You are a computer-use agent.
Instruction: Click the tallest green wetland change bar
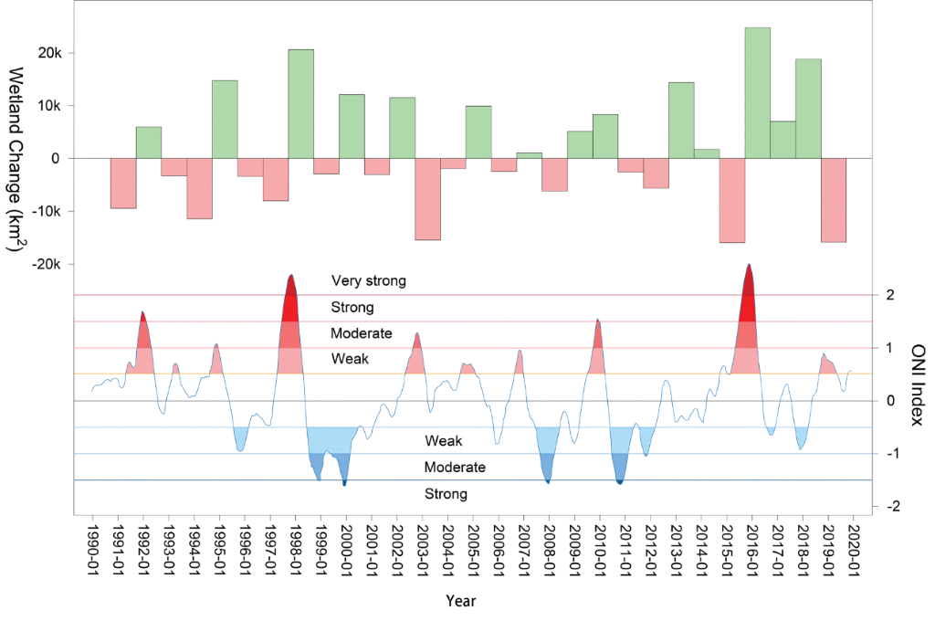click(757, 92)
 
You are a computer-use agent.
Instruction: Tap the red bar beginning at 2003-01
click(427, 199)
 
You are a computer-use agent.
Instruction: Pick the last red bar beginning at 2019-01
click(833, 200)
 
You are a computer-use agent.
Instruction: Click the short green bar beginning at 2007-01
click(529, 155)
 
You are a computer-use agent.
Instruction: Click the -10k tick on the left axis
click(45, 211)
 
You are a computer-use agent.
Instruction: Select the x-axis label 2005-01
click(472, 551)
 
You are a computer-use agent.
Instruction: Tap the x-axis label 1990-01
click(92, 551)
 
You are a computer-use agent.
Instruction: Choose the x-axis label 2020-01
click(853, 551)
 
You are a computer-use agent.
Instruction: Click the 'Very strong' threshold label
click(368, 281)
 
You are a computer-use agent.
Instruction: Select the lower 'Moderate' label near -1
click(455, 468)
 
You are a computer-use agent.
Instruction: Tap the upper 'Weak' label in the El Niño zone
click(350, 359)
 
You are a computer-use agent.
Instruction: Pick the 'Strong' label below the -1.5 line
click(446, 494)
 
